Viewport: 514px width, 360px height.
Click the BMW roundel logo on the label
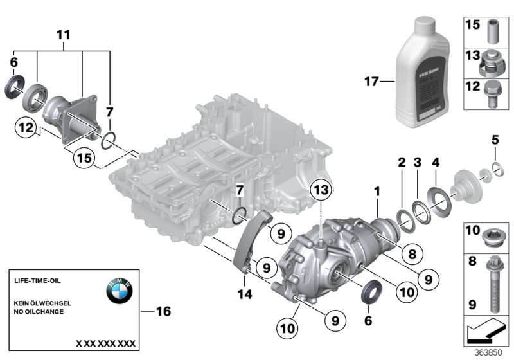coord(119,292)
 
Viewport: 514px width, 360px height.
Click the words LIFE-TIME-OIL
coord(37,281)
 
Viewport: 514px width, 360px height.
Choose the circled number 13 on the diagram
coord(321,190)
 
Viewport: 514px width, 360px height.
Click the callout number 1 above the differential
coord(378,191)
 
